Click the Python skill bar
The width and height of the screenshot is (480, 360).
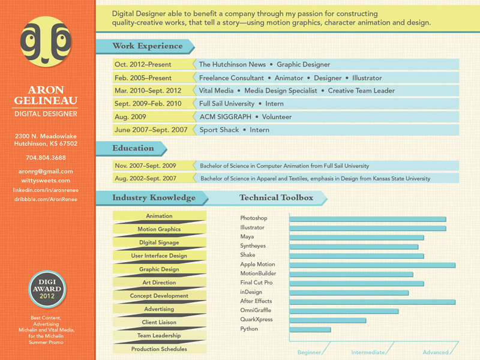(x=310, y=329)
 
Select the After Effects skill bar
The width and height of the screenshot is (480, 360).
(x=372, y=302)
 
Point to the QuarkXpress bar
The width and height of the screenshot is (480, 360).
(x=328, y=320)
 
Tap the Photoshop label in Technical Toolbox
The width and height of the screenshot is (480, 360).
(x=254, y=218)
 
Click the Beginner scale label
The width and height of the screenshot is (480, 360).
(x=310, y=353)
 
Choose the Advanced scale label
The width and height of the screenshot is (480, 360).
(x=436, y=353)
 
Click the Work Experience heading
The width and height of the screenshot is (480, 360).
(x=148, y=46)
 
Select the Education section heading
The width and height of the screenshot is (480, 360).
(x=133, y=148)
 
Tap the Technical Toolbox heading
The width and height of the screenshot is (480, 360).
(x=276, y=197)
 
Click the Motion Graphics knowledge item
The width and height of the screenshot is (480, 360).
(x=159, y=229)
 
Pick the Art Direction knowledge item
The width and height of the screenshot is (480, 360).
(x=159, y=283)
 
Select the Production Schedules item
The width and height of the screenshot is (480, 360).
(x=159, y=349)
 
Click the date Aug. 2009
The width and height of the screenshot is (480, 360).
(x=130, y=117)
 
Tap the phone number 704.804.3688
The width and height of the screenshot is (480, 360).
(x=46, y=158)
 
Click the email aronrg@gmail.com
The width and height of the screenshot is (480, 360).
(x=46, y=172)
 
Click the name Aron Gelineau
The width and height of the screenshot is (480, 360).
(x=46, y=95)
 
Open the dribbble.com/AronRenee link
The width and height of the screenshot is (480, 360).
(x=46, y=199)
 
